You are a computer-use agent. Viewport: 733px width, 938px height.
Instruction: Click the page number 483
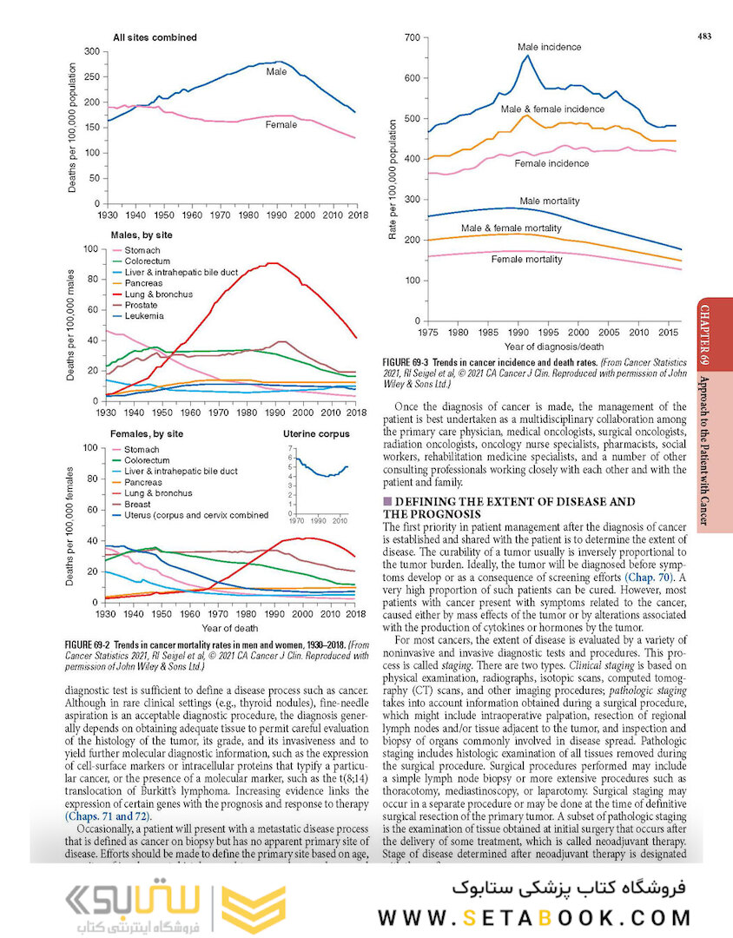(704, 36)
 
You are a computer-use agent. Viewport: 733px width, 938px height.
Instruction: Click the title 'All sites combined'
(155, 37)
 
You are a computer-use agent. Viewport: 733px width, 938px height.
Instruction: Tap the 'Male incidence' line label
(549, 46)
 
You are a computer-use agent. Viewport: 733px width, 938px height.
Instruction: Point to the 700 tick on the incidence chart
(412, 38)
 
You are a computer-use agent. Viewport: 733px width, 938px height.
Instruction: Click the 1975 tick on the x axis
(427, 333)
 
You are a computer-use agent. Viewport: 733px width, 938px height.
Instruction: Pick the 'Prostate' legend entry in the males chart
(142, 306)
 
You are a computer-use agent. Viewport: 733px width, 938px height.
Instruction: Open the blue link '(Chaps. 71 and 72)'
(108, 816)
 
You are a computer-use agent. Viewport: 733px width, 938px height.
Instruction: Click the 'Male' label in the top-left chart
(276, 71)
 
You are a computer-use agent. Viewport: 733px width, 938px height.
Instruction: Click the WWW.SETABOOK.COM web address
(534, 917)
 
